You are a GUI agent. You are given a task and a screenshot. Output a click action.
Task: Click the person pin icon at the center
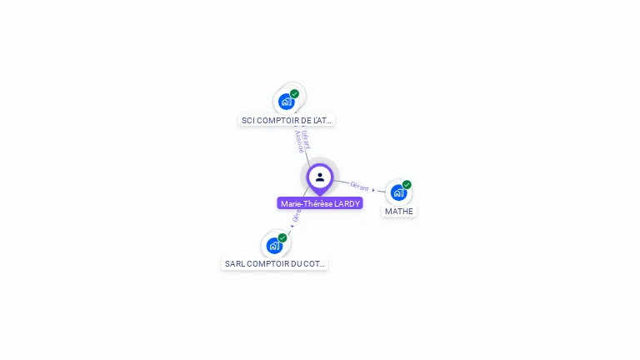tap(320, 177)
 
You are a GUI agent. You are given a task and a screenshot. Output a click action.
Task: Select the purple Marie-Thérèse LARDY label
tap(320, 203)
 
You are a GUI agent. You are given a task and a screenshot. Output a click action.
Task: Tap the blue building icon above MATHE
tap(398, 192)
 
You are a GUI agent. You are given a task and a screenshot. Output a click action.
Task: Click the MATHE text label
tap(399, 212)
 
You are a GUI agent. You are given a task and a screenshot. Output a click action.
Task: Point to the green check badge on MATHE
tap(407, 185)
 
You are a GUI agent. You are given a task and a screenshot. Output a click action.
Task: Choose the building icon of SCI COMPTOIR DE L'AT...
tap(287, 102)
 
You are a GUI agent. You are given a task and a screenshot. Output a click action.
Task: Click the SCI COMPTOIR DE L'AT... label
tap(287, 120)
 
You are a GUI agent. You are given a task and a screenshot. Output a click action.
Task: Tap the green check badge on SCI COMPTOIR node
tap(294, 94)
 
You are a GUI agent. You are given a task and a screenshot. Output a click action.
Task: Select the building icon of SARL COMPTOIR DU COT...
tap(274, 245)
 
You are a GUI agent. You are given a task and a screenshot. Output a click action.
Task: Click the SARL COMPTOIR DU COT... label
tap(275, 264)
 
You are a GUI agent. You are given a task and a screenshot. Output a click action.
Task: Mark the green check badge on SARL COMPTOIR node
tap(282, 238)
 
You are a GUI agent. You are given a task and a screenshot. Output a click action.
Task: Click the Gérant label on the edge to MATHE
tap(359, 187)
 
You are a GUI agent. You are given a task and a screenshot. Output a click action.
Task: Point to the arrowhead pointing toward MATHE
tap(373, 190)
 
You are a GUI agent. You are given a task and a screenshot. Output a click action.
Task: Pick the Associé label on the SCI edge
tap(299, 142)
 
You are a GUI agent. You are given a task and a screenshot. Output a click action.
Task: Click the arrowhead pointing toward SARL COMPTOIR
tap(292, 225)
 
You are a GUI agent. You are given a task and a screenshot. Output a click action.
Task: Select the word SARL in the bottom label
tap(234, 264)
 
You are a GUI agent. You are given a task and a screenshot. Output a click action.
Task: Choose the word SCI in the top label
tap(247, 120)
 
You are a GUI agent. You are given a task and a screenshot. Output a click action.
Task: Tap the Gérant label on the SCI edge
tap(306, 138)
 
